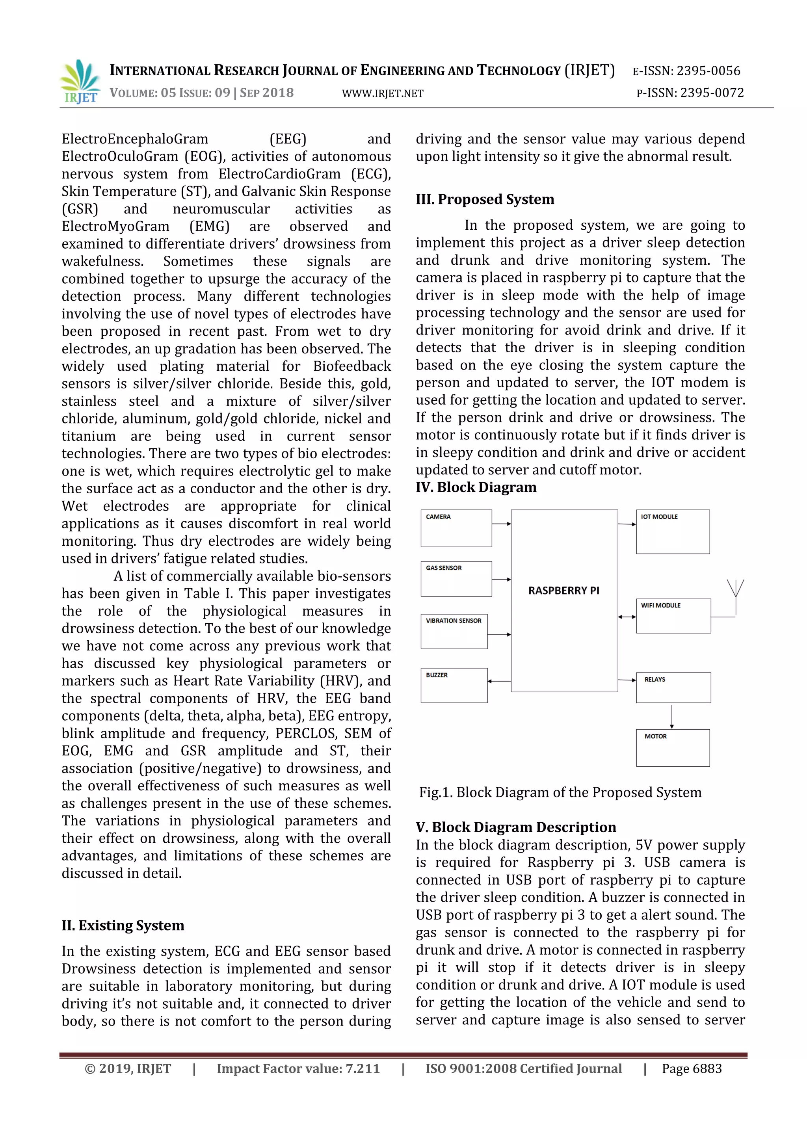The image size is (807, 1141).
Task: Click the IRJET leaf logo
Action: coord(80,82)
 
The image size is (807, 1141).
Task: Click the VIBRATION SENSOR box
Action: coord(454,631)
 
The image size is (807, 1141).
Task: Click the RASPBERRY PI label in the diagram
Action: coord(563,590)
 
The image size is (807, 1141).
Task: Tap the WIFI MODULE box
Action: coord(673,616)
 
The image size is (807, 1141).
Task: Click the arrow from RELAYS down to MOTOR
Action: coord(672,716)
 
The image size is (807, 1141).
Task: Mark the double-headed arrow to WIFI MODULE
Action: coord(627,617)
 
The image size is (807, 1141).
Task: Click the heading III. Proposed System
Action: coord(485,199)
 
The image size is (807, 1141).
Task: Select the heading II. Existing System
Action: coord(123,925)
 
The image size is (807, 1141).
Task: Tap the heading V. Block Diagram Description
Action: coord(516,827)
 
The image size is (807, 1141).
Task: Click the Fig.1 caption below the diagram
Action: coord(560,792)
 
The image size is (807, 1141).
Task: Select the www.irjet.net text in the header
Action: coord(383,93)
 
